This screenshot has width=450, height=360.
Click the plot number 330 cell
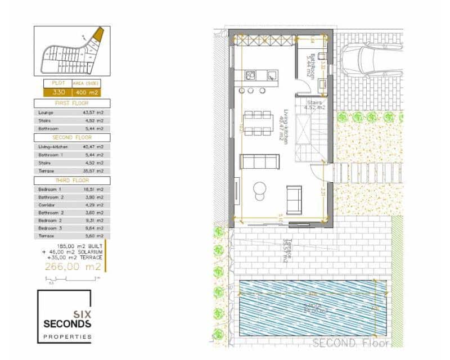point(58,92)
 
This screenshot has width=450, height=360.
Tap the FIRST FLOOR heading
point(72,103)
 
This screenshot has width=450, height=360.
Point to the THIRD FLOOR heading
point(72,180)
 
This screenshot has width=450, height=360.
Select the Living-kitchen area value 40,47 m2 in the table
point(93,146)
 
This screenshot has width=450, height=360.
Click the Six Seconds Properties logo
point(64,317)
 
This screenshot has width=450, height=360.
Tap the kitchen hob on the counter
point(251,75)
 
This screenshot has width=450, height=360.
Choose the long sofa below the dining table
point(258,162)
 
